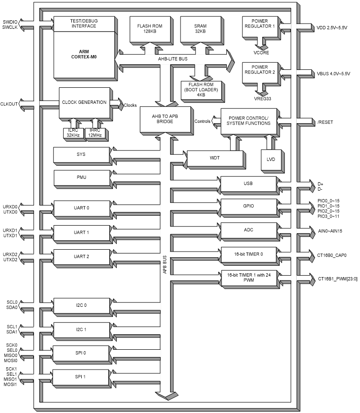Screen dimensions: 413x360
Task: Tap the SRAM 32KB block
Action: tap(200, 29)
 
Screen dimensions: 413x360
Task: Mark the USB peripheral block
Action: tap(248, 184)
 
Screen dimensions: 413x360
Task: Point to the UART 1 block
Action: tap(81, 232)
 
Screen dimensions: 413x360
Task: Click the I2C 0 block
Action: tap(81, 305)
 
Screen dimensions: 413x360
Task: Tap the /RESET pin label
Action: tap(325, 122)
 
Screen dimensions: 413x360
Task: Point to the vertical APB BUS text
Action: tap(165, 265)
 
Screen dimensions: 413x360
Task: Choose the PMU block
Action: tap(81, 177)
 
